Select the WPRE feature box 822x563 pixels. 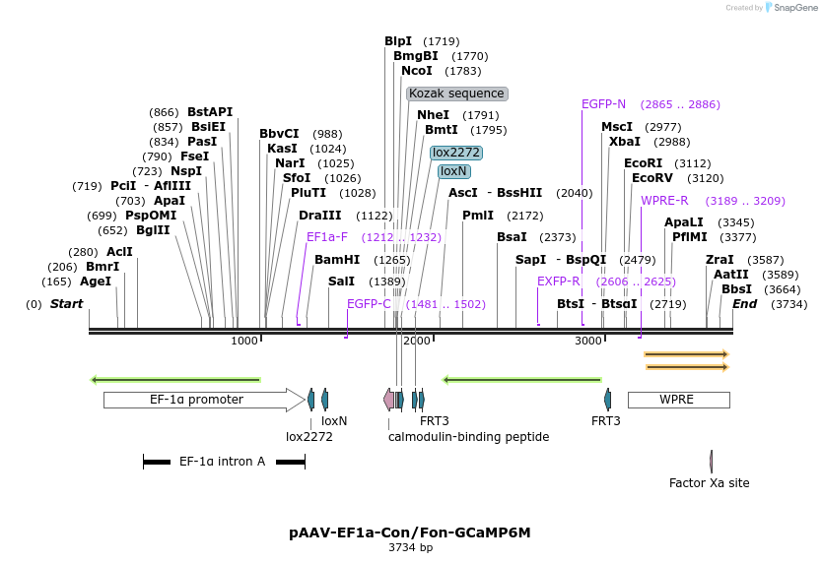pyautogui.click(x=678, y=400)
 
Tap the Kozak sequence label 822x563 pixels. pyautogui.click(x=456, y=94)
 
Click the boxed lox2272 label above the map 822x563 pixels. pyautogui.click(x=456, y=153)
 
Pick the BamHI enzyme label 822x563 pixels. pyautogui.click(x=336, y=260)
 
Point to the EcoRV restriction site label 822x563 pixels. pyautogui.click(x=651, y=178)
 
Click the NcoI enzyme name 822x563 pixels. pyautogui.click(x=417, y=71)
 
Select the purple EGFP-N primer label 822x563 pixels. pyautogui.click(x=603, y=103)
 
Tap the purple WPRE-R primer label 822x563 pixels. pyautogui.click(x=664, y=201)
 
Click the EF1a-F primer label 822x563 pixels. pyautogui.click(x=327, y=237)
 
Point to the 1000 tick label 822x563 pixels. pyautogui.click(x=244, y=341)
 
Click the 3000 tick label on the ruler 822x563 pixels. pyautogui.click(x=588, y=341)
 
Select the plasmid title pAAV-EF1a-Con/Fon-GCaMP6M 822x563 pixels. pyautogui.click(x=410, y=532)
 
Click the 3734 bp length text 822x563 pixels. pyautogui.click(x=410, y=547)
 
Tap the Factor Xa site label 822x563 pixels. pyautogui.click(x=709, y=483)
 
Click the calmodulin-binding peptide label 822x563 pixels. pyautogui.click(x=468, y=436)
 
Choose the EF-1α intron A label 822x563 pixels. pyautogui.click(x=222, y=461)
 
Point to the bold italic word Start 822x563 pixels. pyautogui.click(x=66, y=304)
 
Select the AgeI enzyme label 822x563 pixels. pyautogui.click(x=96, y=281)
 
